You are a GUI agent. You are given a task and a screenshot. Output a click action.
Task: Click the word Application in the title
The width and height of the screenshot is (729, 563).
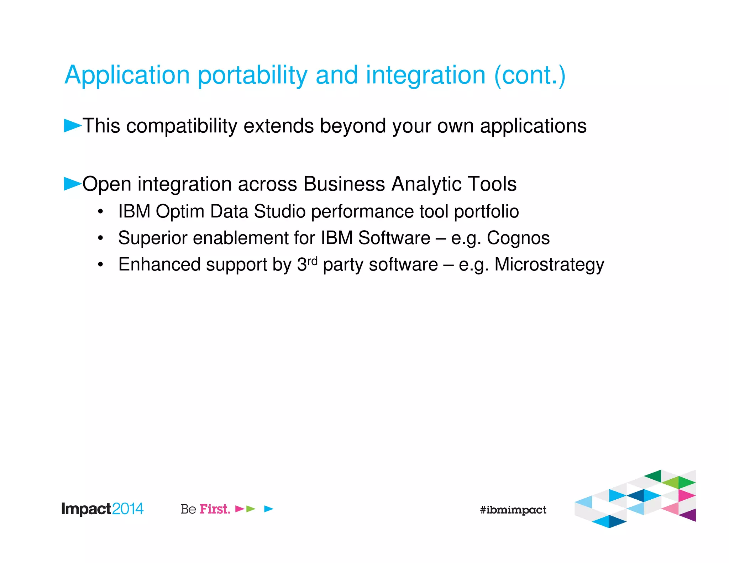[127, 75]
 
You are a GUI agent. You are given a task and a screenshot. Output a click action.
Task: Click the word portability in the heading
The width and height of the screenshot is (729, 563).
[252, 75]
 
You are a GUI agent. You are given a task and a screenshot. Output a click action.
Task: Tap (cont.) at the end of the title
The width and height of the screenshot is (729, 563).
[530, 75]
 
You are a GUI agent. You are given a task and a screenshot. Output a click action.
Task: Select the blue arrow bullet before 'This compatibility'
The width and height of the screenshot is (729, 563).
[72, 126]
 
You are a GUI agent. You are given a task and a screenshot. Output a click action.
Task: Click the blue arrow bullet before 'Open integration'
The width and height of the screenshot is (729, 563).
[72, 184]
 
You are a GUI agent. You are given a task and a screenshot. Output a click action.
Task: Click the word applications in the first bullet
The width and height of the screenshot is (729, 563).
[533, 126]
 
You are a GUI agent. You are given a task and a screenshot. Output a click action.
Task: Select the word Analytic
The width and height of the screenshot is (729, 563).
[426, 184]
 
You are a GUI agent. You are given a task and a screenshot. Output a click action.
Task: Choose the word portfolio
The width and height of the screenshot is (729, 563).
[486, 211]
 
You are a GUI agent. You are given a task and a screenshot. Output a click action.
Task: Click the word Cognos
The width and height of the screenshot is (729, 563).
[518, 238]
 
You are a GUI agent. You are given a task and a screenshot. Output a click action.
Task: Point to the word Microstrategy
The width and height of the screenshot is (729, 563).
[549, 265]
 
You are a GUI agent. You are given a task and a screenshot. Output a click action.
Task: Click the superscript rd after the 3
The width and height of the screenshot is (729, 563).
[312, 261]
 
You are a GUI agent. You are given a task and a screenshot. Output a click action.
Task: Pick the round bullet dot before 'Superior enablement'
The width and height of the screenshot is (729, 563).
[101, 238]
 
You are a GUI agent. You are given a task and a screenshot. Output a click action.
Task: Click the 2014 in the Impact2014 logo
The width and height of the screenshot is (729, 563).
[127, 509]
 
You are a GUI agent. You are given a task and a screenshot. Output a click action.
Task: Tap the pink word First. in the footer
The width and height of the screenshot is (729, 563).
[215, 509]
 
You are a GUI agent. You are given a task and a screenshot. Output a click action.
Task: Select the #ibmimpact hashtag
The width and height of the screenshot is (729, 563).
[513, 510]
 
